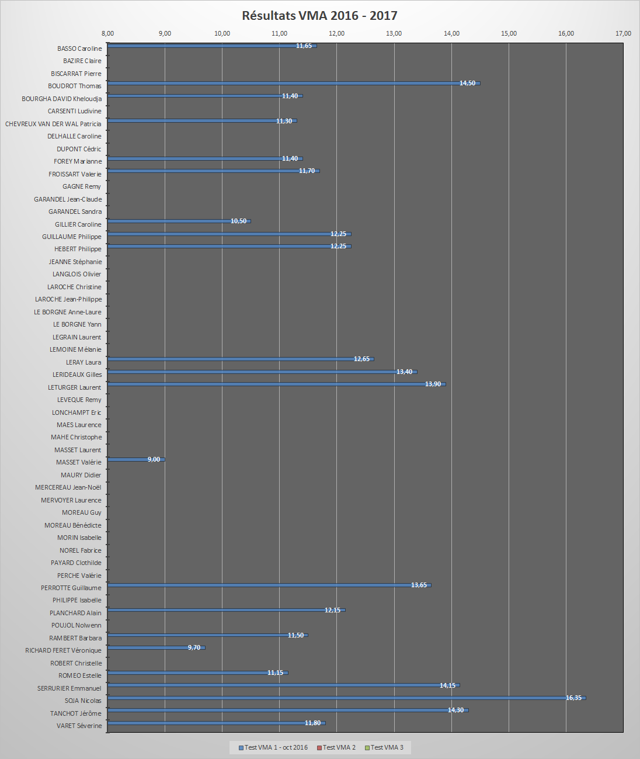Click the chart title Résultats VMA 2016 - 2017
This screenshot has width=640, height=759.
(319, 16)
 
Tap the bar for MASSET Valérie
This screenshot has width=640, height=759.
(135, 459)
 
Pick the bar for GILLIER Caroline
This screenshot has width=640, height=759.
(178, 221)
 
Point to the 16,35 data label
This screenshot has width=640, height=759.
(573, 698)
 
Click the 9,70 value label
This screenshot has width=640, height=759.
(194, 647)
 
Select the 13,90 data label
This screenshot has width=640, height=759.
(433, 384)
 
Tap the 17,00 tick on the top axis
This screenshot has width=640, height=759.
(623, 33)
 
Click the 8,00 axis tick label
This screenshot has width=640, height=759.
(107, 33)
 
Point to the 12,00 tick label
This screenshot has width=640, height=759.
(336, 33)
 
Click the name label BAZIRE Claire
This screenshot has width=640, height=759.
(82, 61)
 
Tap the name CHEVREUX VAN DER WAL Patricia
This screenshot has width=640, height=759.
(53, 124)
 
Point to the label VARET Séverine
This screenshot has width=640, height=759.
(79, 726)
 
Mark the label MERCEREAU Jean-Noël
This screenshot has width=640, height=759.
(68, 487)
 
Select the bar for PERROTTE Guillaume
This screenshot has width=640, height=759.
(269, 585)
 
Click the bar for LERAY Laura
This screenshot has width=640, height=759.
(239, 359)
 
